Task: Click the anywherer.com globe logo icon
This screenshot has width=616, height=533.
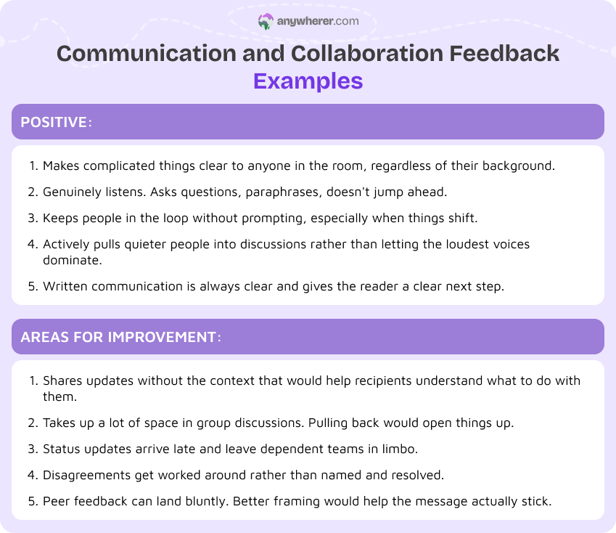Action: (266, 22)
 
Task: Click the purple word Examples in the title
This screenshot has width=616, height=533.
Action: (308, 80)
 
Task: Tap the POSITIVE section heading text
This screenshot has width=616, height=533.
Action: (54, 122)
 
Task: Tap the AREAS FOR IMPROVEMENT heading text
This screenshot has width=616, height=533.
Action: (119, 337)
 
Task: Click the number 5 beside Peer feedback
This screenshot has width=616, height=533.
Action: (33, 502)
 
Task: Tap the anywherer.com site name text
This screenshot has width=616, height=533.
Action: (318, 22)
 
